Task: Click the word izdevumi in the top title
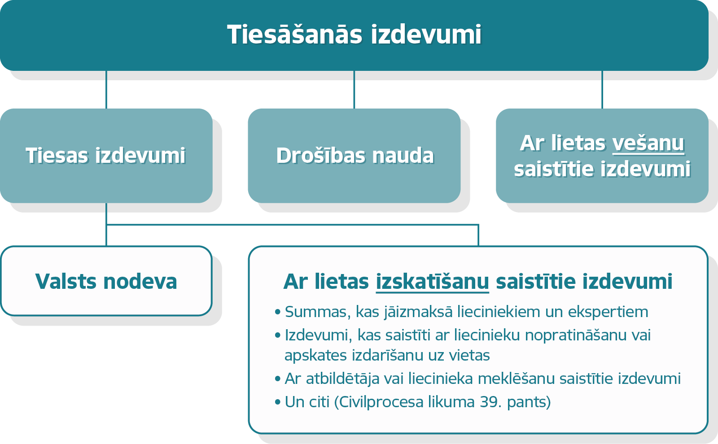426,35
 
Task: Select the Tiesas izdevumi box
106,156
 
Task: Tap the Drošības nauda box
354,156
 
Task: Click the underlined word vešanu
648,143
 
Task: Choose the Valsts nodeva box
106,281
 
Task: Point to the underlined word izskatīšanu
433,282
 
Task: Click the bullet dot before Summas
278,312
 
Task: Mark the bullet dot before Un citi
278,402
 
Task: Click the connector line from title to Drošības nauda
354,90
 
